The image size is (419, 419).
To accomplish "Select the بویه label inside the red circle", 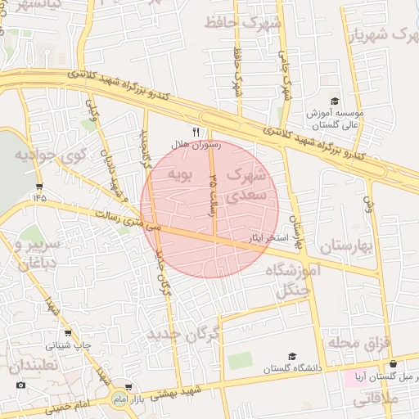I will point(180,174).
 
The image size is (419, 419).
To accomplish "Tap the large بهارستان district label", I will point(345,246).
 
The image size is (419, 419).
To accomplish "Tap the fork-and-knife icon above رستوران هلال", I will point(195,131).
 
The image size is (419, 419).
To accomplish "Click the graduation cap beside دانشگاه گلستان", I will point(291,358).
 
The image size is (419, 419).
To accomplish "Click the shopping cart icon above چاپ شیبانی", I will point(68,334).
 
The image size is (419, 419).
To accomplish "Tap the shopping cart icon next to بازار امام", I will point(128,386).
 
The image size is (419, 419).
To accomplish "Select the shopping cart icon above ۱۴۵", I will point(39,187).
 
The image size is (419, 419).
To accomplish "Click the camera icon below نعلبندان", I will point(20,385).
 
